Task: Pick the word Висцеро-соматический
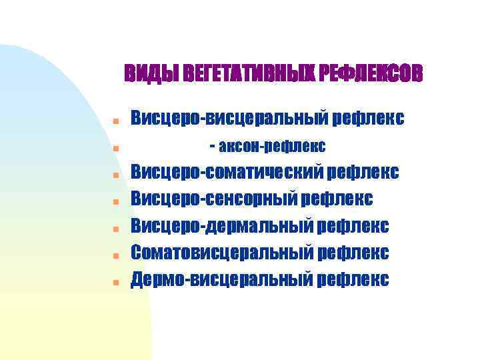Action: coord(227,173)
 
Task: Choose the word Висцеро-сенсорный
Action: coord(214,199)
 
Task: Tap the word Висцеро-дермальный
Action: coord(222,225)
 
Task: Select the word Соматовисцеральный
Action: coord(222,252)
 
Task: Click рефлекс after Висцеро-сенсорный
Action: coord(337,199)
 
